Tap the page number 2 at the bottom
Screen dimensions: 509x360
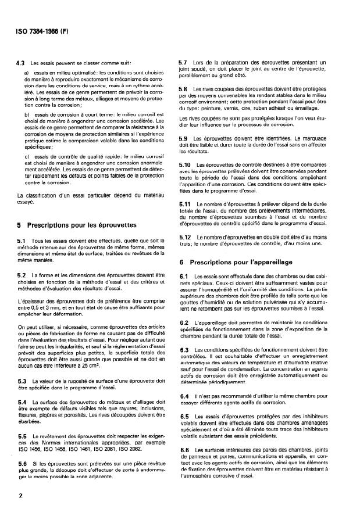[20, 496]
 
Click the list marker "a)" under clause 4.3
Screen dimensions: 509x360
[27, 71]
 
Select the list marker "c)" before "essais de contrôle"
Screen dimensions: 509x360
[27, 157]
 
